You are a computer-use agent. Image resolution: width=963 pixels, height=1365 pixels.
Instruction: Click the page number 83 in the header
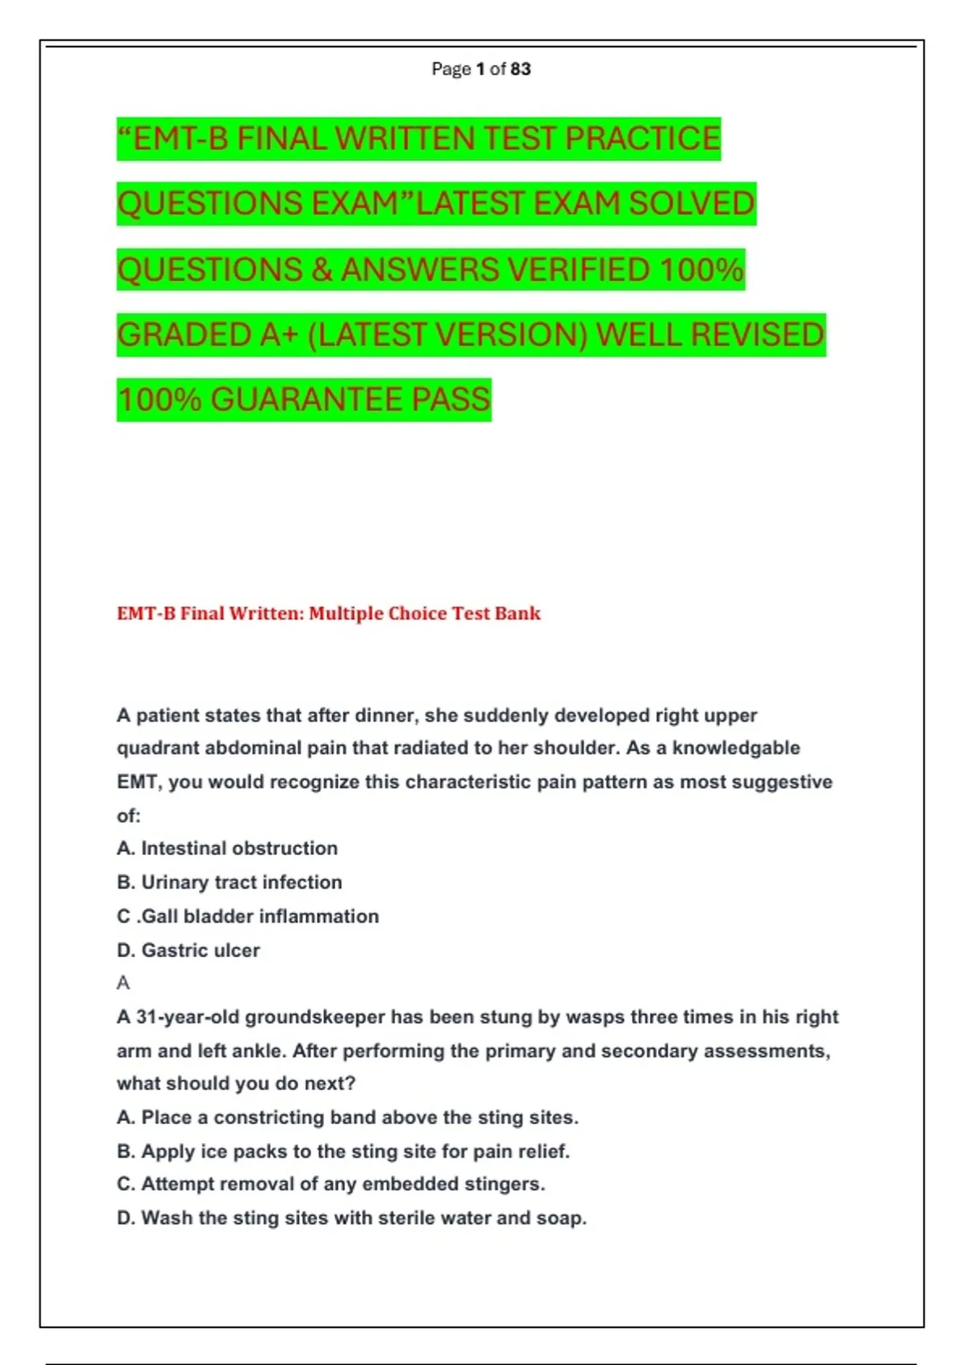pyautogui.click(x=520, y=69)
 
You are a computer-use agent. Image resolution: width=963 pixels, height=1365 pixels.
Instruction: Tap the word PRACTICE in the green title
pyautogui.click(x=642, y=139)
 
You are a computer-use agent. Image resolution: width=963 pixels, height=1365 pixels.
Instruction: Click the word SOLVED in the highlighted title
pyautogui.click(x=692, y=204)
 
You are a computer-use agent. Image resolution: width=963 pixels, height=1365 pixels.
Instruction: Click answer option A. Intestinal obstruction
pyautogui.click(x=227, y=849)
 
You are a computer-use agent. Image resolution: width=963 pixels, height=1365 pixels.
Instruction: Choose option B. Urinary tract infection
pyautogui.click(x=230, y=882)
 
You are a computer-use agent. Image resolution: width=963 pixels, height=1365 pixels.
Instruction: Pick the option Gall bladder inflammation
pyautogui.click(x=248, y=916)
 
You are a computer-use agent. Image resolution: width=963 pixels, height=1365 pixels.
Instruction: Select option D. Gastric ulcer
pyautogui.click(x=189, y=951)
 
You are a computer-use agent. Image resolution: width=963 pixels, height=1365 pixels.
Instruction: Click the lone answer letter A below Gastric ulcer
pyautogui.click(x=123, y=983)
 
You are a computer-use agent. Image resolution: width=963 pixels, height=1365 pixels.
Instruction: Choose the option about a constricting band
pyautogui.click(x=347, y=1118)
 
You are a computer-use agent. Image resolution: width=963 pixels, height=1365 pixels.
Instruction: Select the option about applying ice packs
pyautogui.click(x=343, y=1151)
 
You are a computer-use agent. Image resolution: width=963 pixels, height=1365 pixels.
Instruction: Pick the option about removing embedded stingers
pyautogui.click(x=331, y=1184)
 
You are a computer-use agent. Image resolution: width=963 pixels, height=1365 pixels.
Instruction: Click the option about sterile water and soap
pyautogui.click(x=351, y=1218)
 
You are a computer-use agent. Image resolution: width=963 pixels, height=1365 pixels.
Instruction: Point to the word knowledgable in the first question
pyautogui.click(x=736, y=748)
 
